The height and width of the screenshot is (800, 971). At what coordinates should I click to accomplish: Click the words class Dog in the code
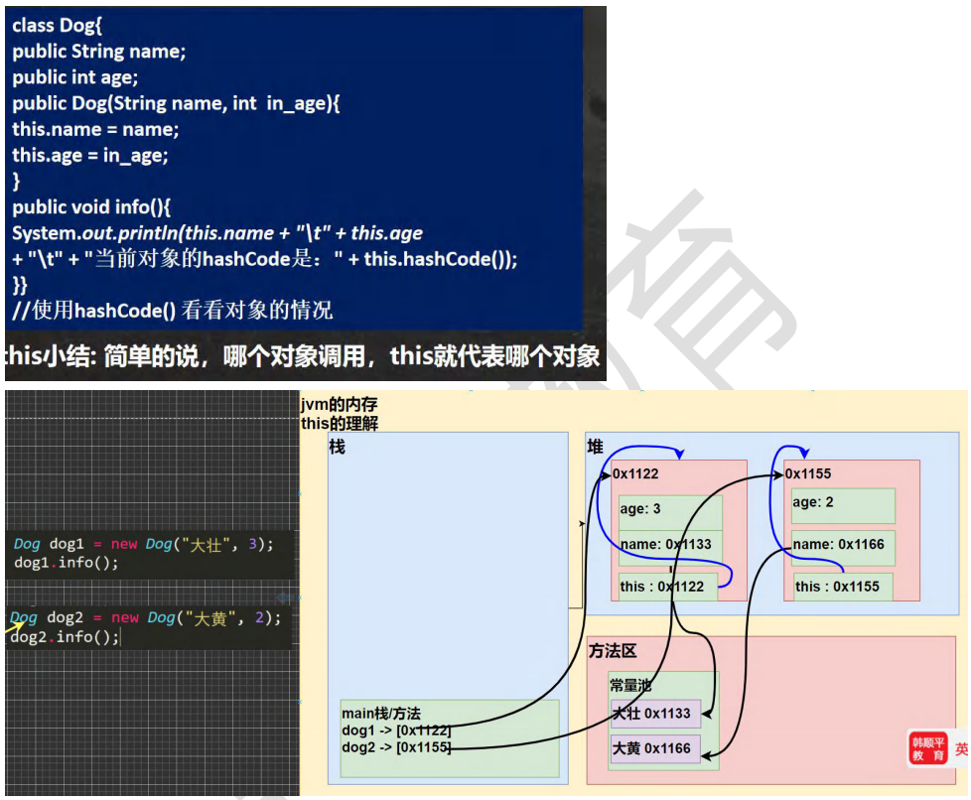click(x=52, y=27)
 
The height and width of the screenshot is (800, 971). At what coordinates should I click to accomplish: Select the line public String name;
click(x=99, y=53)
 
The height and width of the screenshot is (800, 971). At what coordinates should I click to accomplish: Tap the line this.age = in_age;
click(x=90, y=156)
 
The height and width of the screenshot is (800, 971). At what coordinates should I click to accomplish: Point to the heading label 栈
click(x=338, y=449)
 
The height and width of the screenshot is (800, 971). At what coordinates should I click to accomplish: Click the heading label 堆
click(x=596, y=449)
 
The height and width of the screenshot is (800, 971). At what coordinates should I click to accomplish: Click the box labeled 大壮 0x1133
click(x=655, y=713)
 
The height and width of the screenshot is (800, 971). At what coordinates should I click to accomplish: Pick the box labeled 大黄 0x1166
click(x=655, y=748)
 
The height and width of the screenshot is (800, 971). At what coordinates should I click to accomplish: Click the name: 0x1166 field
click(x=838, y=545)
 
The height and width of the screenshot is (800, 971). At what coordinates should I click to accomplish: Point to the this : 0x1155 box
click(x=842, y=587)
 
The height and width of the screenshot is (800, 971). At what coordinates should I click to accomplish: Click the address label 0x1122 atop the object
click(x=636, y=474)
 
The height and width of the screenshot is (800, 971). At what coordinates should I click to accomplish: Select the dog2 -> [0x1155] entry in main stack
click(x=396, y=746)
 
